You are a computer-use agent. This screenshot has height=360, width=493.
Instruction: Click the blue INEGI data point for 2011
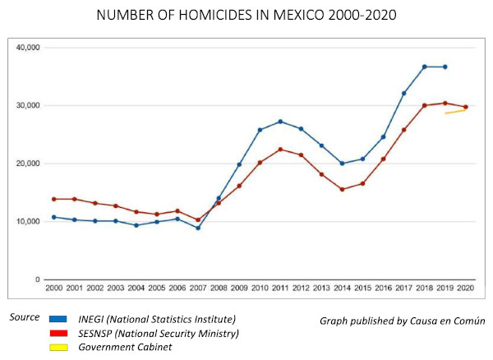click(x=280, y=122)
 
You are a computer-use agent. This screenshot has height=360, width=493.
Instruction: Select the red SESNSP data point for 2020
click(x=466, y=107)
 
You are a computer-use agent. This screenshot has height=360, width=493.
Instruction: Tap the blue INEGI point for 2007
click(x=197, y=228)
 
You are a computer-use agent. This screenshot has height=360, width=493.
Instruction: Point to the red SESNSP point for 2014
click(x=342, y=189)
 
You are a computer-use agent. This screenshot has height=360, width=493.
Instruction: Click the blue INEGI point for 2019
click(x=445, y=67)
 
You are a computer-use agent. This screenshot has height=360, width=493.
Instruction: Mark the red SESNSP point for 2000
click(x=53, y=199)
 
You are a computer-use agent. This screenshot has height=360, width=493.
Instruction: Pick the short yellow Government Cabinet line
click(x=456, y=111)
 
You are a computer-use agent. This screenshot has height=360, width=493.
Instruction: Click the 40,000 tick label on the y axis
click(x=28, y=48)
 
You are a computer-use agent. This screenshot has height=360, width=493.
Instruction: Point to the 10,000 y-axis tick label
click(x=28, y=222)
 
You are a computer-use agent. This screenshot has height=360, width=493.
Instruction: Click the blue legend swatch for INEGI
click(x=58, y=318)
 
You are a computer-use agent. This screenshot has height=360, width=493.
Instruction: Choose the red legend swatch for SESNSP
click(x=58, y=333)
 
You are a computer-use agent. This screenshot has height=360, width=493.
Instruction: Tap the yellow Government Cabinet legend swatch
click(x=58, y=347)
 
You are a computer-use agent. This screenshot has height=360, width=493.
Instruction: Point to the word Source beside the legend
click(x=24, y=317)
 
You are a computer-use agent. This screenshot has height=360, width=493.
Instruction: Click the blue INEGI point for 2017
click(x=404, y=94)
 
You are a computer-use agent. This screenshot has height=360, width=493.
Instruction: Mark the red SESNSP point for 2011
click(x=280, y=150)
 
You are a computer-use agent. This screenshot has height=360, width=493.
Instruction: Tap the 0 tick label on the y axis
click(x=37, y=280)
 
